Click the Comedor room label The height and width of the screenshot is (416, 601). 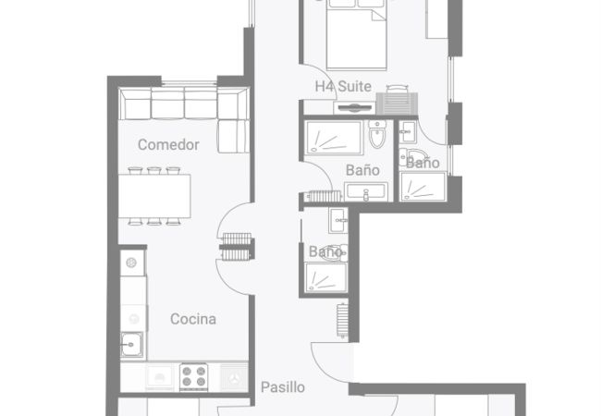(168, 145)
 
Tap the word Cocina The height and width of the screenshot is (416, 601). (193, 319)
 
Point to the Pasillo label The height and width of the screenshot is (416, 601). (283, 387)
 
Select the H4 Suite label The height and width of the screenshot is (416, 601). (343, 86)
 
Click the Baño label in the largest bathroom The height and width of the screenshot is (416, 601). (362, 170)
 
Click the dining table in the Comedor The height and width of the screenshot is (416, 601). (154, 196)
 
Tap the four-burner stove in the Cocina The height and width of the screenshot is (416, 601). (194, 376)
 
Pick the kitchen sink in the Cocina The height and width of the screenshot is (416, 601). (132, 345)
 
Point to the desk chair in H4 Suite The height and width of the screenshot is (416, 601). (397, 89)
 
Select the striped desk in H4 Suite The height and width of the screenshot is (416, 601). (397, 104)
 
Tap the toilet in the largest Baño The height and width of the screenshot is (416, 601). (377, 134)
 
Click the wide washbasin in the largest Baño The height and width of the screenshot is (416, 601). (366, 191)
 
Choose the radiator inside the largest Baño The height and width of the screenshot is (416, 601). (325, 196)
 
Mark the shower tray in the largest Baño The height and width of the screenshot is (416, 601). (334, 138)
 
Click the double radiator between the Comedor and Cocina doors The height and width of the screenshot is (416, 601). (237, 247)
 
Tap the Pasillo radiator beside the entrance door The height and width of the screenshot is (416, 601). (342, 320)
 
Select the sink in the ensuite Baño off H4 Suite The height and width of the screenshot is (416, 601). (407, 131)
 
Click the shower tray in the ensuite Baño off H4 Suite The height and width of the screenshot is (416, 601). (423, 187)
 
